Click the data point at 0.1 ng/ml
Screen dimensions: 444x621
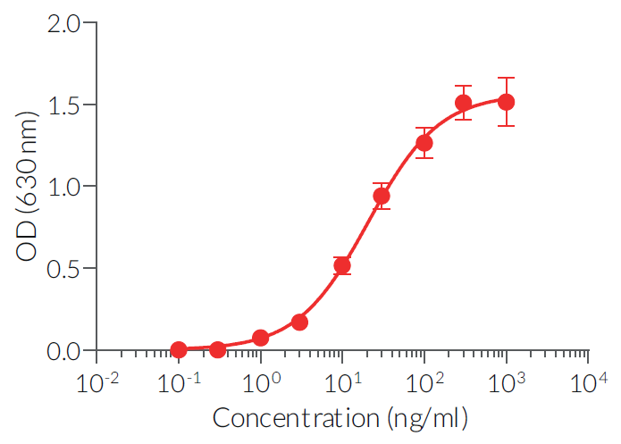[x=179, y=349]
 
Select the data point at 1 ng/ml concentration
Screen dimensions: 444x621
[x=261, y=338]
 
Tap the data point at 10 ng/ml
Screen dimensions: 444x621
[x=342, y=265]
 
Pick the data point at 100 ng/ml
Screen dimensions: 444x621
[x=424, y=143]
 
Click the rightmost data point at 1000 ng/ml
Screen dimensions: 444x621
[x=506, y=102]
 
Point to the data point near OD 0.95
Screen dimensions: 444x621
[x=382, y=196]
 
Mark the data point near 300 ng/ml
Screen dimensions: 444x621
[x=463, y=103]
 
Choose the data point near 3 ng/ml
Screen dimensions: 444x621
[x=299, y=322]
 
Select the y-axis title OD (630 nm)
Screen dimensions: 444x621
[x=29, y=187]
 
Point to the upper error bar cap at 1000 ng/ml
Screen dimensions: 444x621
[x=506, y=78]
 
